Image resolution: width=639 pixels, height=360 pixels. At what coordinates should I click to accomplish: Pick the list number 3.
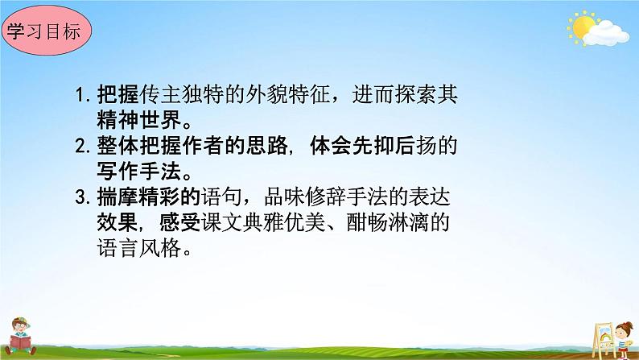pyautogui.click(x=80, y=198)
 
